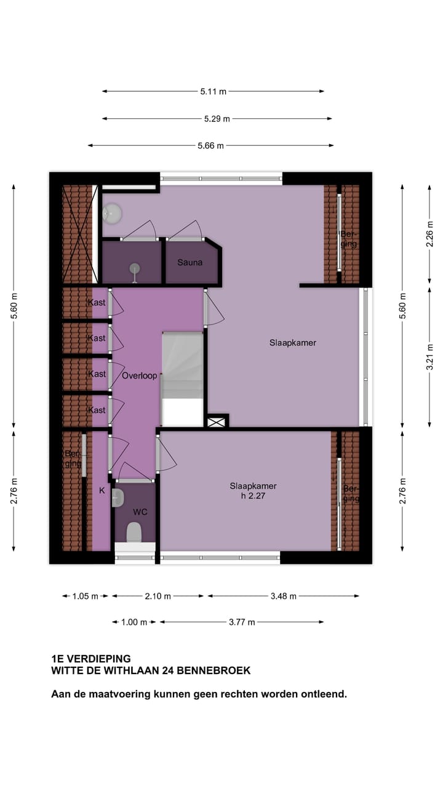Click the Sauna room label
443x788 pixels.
(x=190, y=263)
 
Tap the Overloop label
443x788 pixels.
(x=139, y=376)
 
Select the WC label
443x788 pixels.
(x=140, y=512)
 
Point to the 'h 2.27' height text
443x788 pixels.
(x=253, y=497)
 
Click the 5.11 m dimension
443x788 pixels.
(x=213, y=92)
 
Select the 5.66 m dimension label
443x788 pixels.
(x=210, y=146)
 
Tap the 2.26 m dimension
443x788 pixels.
(x=430, y=235)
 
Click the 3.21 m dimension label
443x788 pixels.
(x=430, y=356)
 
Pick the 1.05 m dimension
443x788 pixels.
(x=85, y=596)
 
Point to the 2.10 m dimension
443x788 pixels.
(x=158, y=596)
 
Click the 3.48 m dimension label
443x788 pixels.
(x=284, y=596)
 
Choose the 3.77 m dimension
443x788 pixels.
(x=242, y=622)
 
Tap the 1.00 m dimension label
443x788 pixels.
(x=134, y=622)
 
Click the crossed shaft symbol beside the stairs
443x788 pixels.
(x=217, y=422)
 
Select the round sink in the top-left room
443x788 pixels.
(x=111, y=214)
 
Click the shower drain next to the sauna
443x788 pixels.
(x=134, y=267)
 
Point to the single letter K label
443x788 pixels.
(x=102, y=491)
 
